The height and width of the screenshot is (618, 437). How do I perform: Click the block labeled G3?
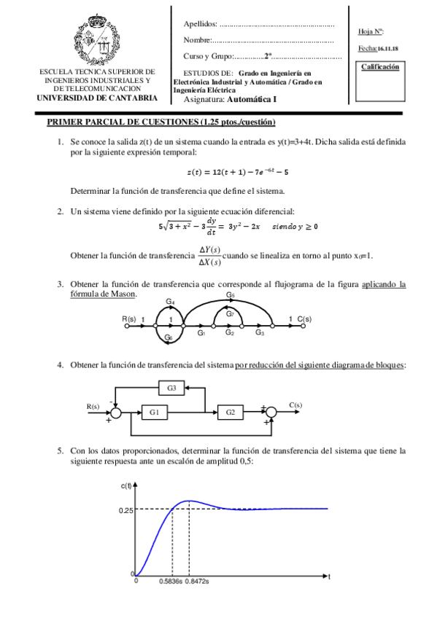pyautogui.click(x=171, y=388)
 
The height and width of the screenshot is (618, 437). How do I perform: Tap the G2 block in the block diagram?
pyautogui.click(x=231, y=412)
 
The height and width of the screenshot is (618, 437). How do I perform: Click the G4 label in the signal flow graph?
pyautogui.click(x=170, y=302)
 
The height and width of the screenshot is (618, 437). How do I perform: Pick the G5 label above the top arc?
pyautogui.click(x=230, y=295)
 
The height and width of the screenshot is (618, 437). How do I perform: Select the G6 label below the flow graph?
pyautogui.click(x=169, y=337)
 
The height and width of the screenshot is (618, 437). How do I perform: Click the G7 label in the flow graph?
pyautogui.click(x=229, y=314)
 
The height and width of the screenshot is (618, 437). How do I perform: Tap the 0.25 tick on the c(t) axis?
pyautogui.click(x=126, y=510)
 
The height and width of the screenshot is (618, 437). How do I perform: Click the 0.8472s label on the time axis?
pyautogui.click(x=197, y=582)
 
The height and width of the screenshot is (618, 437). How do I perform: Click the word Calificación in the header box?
pyautogui.click(x=381, y=67)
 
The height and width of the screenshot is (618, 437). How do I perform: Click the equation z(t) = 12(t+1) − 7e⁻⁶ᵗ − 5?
pyautogui.click(x=238, y=172)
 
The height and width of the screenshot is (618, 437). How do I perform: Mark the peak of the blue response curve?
pyautogui.click(x=190, y=501)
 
